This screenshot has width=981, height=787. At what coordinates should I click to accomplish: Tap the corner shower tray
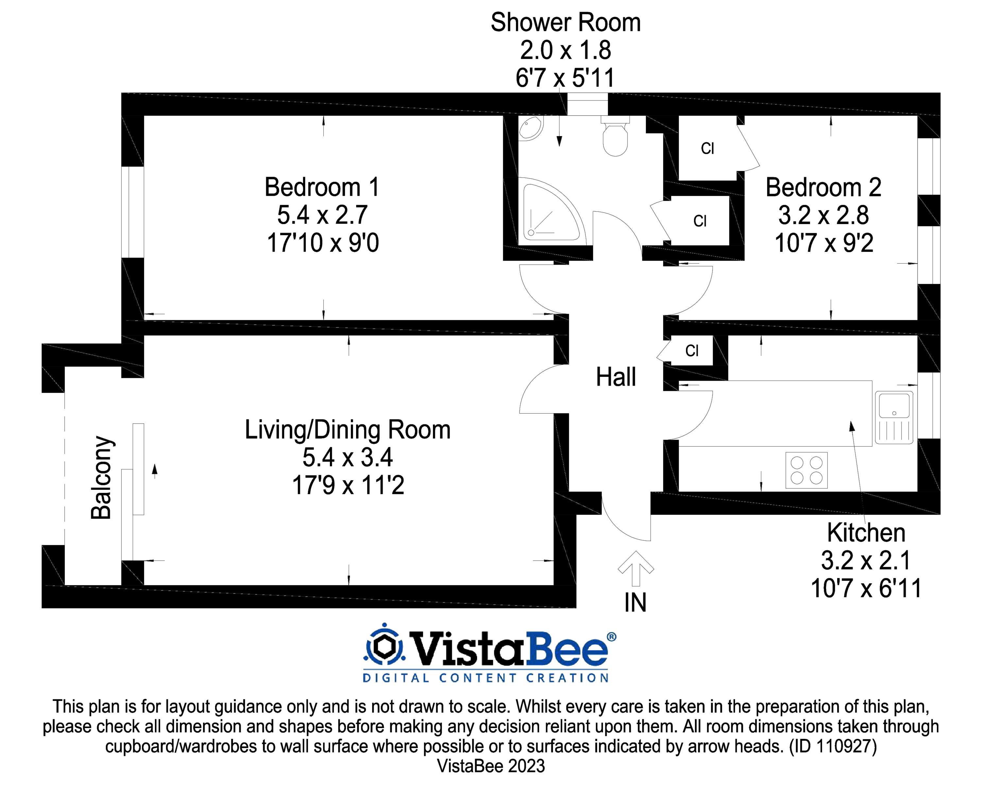point(548,210)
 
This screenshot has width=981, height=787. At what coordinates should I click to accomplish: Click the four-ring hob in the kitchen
point(806,470)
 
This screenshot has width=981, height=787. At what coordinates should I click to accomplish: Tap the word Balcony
point(101,478)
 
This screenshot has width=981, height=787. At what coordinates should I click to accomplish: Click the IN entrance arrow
point(636,568)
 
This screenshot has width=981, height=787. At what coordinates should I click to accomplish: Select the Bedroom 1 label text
point(322,187)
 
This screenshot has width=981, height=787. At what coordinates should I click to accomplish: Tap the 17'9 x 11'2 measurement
point(348,485)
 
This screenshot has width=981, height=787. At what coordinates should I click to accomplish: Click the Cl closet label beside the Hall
point(692,350)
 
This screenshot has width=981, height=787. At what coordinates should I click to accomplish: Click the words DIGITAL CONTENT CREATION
point(486,678)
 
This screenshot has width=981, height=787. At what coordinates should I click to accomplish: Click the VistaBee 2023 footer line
point(491,766)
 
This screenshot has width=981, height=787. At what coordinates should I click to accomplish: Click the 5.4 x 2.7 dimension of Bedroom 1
point(322,215)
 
